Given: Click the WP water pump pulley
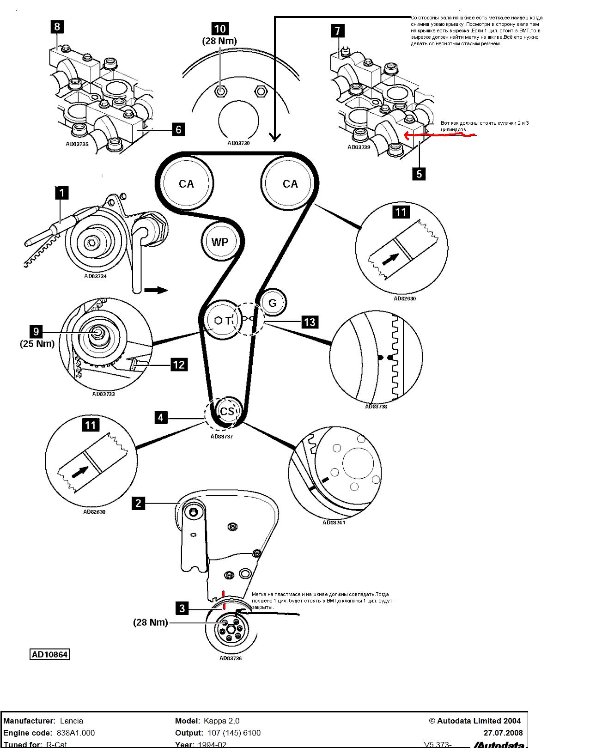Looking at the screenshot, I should [x=220, y=242].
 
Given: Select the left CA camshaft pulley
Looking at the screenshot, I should [x=186, y=184].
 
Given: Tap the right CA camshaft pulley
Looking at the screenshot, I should [x=290, y=184].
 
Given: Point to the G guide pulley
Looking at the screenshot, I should [x=272, y=303].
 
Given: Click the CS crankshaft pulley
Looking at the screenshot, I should [x=227, y=411].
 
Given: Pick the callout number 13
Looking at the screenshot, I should [x=310, y=322].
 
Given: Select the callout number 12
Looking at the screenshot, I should [x=179, y=365].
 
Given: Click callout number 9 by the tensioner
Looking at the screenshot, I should [x=36, y=331].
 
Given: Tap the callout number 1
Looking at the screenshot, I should [x=61, y=192].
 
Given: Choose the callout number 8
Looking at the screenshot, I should [x=57, y=26].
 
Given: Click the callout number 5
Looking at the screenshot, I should [x=419, y=174].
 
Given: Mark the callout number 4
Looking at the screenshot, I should [x=160, y=418].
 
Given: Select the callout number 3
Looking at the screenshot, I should [x=182, y=608].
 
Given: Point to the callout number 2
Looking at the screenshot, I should [x=138, y=503].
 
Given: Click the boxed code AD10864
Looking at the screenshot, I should [x=49, y=654].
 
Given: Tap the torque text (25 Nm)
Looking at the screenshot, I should [x=37, y=344].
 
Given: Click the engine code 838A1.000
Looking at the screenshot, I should [x=76, y=733].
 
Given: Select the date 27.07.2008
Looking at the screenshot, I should [x=503, y=733].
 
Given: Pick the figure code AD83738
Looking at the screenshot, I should [x=376, y=407].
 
